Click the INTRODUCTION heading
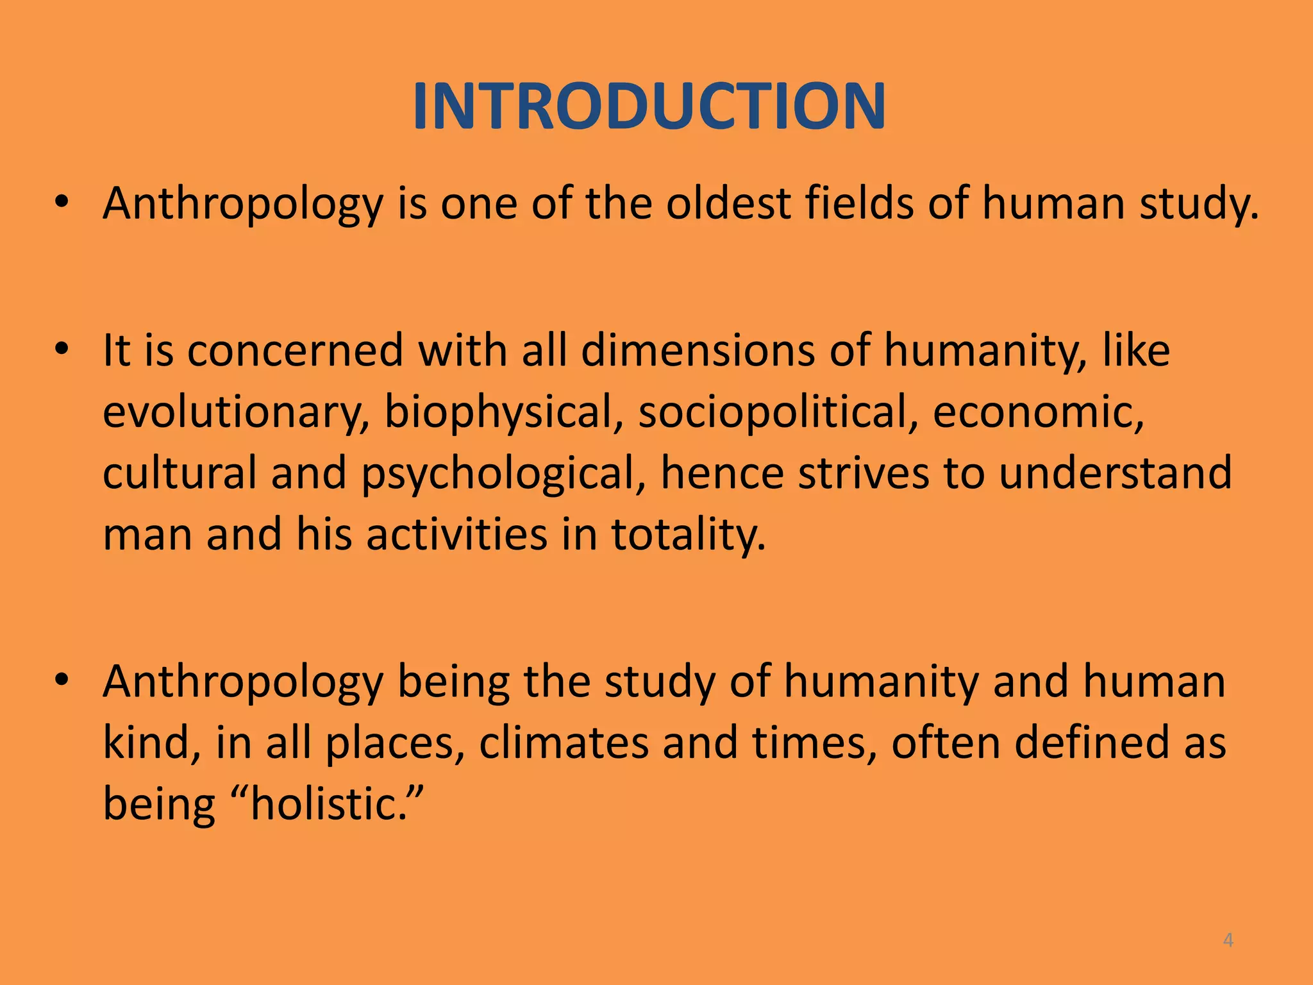click(x=649, y=106)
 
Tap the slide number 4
click(x=1228, y=940)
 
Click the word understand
click(x=1116, y=473)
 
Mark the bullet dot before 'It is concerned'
click(x=62, y=350)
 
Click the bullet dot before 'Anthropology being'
click(x=62, y=680)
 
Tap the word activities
click(x=456, y=534)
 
